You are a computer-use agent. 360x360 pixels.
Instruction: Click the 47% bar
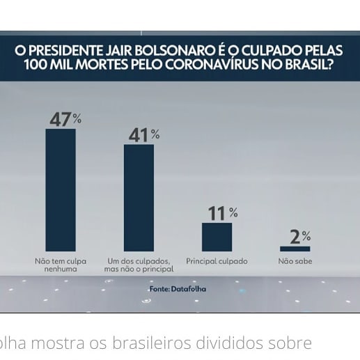point(61,190)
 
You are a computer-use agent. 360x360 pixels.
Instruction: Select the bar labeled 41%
point(139,198)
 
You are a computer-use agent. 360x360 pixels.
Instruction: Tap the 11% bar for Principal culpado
point(217,237)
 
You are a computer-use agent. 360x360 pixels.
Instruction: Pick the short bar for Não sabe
point(295,249)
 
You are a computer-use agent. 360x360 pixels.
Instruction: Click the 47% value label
point(65,120)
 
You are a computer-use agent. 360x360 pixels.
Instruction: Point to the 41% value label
point(144,135)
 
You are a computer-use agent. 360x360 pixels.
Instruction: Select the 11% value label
point(223,213)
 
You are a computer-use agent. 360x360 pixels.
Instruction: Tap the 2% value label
point(300,237)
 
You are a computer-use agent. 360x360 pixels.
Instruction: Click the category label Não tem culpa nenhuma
point(61,265)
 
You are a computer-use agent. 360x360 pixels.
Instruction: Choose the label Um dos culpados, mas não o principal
point(139,265)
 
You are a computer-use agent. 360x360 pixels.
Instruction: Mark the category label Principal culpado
point(217,261)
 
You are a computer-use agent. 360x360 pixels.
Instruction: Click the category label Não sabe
point(295,261)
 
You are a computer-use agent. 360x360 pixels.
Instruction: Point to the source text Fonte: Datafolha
point(178,289)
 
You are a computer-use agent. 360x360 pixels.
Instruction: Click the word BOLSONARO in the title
point(175,50)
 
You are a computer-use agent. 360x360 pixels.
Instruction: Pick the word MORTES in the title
point(102,65)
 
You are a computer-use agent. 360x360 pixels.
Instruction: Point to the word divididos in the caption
point(230,343)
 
